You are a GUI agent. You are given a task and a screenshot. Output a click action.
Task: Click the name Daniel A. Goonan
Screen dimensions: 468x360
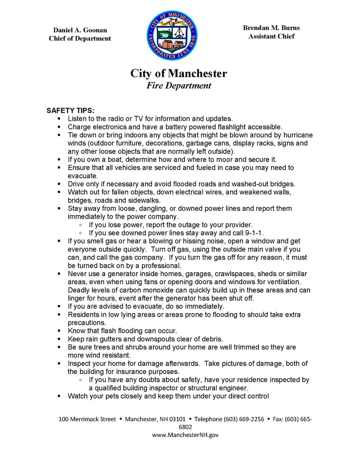pos(80,30)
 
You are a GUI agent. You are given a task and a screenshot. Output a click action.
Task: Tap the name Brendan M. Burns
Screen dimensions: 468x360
pos(271,28)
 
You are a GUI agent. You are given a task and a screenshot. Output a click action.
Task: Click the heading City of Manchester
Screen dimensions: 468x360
pos(179,73)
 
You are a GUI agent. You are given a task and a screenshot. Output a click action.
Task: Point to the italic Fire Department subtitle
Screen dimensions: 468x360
pos(179,85)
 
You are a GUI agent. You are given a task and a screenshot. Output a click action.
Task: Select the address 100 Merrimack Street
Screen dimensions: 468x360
pos(87,419)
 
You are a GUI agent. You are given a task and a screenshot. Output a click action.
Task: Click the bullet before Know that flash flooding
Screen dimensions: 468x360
pos(59,331)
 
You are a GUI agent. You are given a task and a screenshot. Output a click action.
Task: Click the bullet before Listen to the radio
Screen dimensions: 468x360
pos(59,118)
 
